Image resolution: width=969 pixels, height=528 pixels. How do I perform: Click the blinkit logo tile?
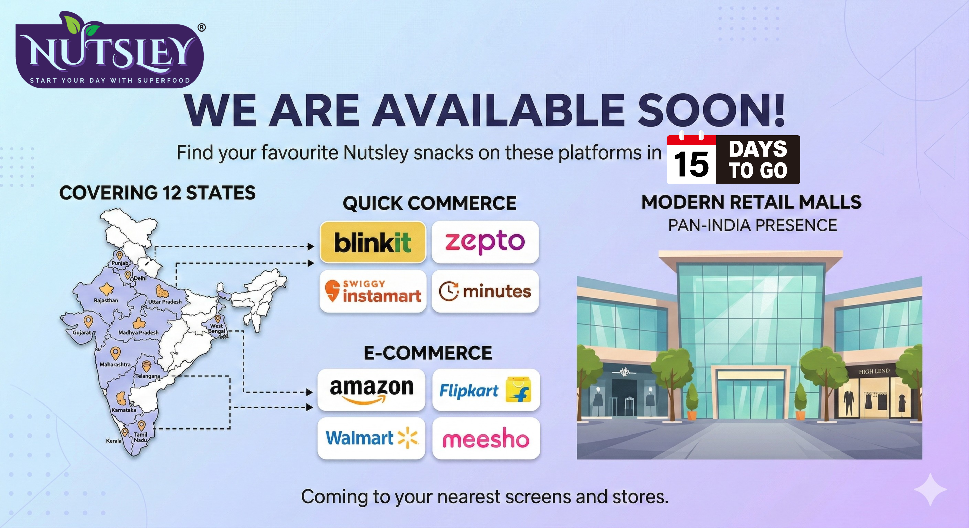373,242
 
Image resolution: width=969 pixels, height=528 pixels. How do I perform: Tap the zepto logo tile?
485,242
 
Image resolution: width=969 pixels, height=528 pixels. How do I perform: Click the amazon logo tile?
371,390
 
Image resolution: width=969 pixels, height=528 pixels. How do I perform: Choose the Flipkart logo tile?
486,390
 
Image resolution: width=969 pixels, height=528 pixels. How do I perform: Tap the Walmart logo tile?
371,438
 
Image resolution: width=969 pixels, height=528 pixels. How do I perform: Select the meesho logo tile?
486,438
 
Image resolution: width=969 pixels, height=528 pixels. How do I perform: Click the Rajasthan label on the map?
106,300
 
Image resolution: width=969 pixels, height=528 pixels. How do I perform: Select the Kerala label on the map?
114,441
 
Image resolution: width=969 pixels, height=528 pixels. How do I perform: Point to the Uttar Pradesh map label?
165,301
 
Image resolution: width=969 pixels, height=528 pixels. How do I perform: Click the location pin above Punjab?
119,255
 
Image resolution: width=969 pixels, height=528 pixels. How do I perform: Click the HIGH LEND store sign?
874,371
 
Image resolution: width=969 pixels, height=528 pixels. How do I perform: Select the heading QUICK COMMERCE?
429,203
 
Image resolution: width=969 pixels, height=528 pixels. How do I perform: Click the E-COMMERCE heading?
428,353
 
